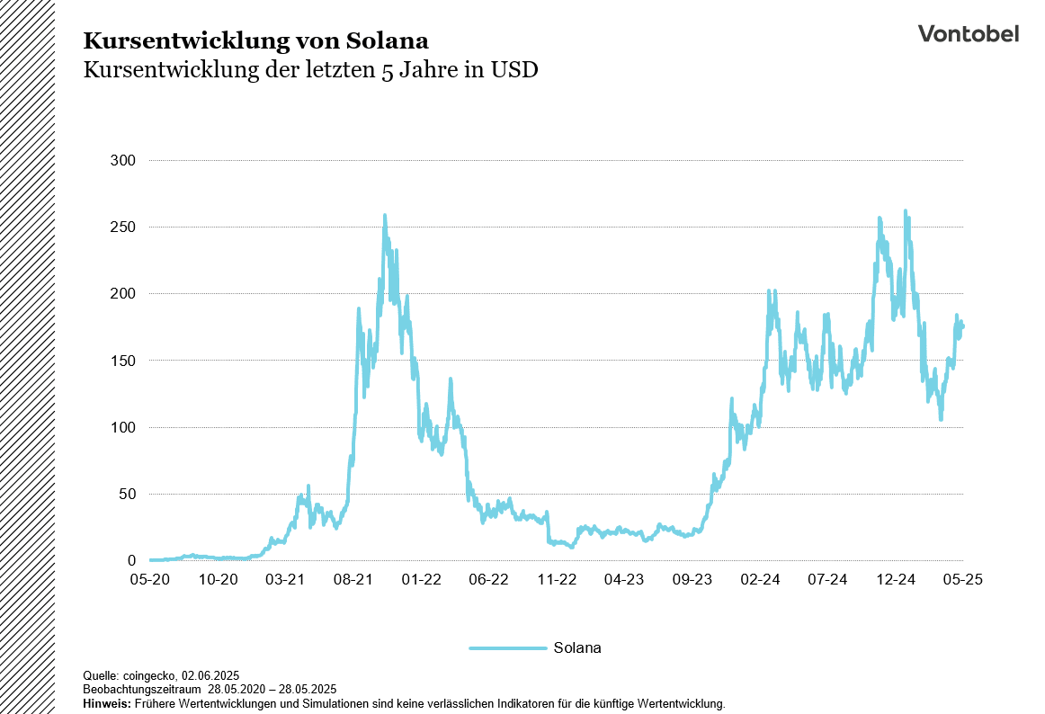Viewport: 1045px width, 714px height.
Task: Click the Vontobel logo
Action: tap(968, 33)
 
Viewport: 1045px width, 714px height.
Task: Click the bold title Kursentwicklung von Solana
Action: tap(255, 40)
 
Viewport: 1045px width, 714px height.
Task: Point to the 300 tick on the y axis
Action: tap(122, 161)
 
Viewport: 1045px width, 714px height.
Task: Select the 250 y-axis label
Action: tap(122, 228)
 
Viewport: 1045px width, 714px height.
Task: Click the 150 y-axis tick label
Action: tap(122, 361)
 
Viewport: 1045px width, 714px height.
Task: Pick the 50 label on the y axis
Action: tap(126, 495)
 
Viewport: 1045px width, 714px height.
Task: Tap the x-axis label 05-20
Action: tap(149, 580)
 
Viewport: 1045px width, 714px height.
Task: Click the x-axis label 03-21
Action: tap(285, 580)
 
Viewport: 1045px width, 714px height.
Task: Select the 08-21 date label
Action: tap(353, 580)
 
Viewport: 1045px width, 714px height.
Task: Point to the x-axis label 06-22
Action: tap(488, 580)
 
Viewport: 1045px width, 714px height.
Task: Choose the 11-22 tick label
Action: tap(556, 580)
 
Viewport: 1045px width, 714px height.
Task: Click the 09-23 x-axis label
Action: tap(692, 580)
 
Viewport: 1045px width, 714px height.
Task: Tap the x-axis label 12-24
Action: tap(895, 580)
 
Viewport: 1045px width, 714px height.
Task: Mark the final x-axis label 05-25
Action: tap(962, 580)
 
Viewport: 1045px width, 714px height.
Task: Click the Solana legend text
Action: tap(577, 647)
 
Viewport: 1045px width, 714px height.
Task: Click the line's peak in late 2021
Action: tap(385, 216)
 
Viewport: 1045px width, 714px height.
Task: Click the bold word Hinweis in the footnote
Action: tap(105, 703)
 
